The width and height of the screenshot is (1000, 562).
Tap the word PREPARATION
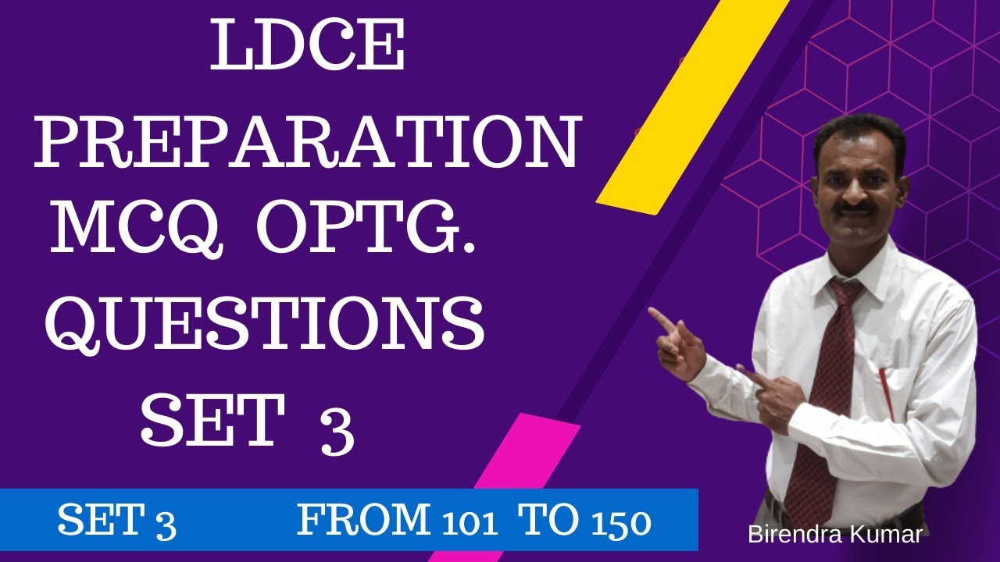[x=307, y=144]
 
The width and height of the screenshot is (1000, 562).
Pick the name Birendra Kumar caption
[x=835, y=535]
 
